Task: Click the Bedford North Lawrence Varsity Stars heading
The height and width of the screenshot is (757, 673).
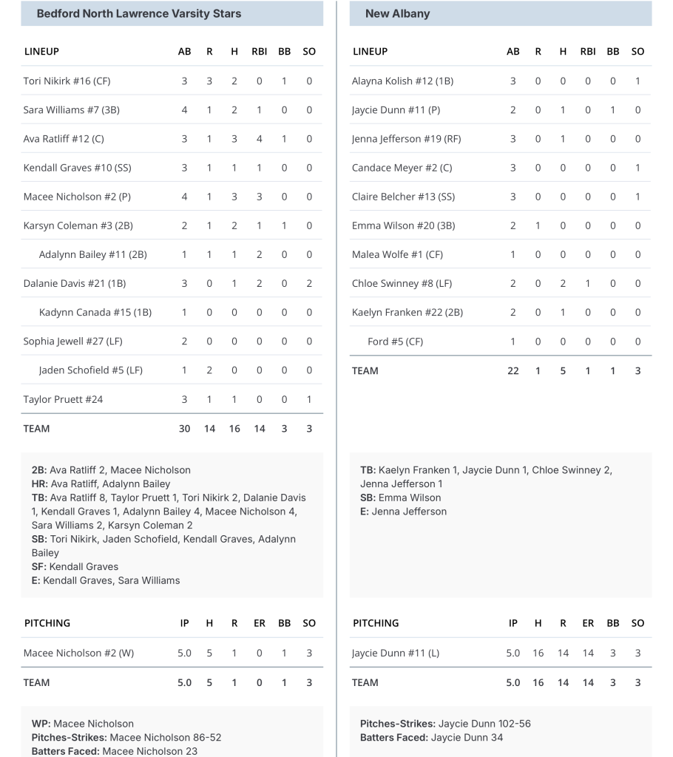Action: (x=138, y=13)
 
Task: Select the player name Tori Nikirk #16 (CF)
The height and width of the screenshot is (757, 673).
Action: (x=67, y=81)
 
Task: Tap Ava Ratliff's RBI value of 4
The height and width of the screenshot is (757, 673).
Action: (x=259, y=139)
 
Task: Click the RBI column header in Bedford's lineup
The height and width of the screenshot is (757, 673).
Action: (x=259, y=52)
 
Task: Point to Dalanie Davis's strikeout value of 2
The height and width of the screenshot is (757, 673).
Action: (x=309, y=283)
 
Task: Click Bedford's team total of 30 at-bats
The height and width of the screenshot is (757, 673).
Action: (x=184, y=429)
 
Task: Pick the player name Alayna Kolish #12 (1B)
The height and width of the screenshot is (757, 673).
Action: (x=402, y=81)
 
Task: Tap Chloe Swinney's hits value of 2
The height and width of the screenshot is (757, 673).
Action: (x=563, y=283)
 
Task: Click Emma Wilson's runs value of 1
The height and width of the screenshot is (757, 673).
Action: (x=538, y=225)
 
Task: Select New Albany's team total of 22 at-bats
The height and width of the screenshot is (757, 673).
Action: (x=513, y=371)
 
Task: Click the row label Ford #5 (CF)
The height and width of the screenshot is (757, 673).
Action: (x=395, y=342)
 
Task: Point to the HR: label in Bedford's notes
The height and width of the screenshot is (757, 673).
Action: (x=39, y=483)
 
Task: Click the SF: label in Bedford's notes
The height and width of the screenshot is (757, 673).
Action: (x=38, y=566)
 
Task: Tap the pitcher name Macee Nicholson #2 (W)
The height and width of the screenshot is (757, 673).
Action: (x=78, y=653)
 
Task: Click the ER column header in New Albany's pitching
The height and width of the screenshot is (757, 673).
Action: (x=588, y=623)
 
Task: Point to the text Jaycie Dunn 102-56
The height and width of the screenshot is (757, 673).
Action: (x=484, y=724)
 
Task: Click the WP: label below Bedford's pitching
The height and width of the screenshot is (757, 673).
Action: (x=41, y=724)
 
